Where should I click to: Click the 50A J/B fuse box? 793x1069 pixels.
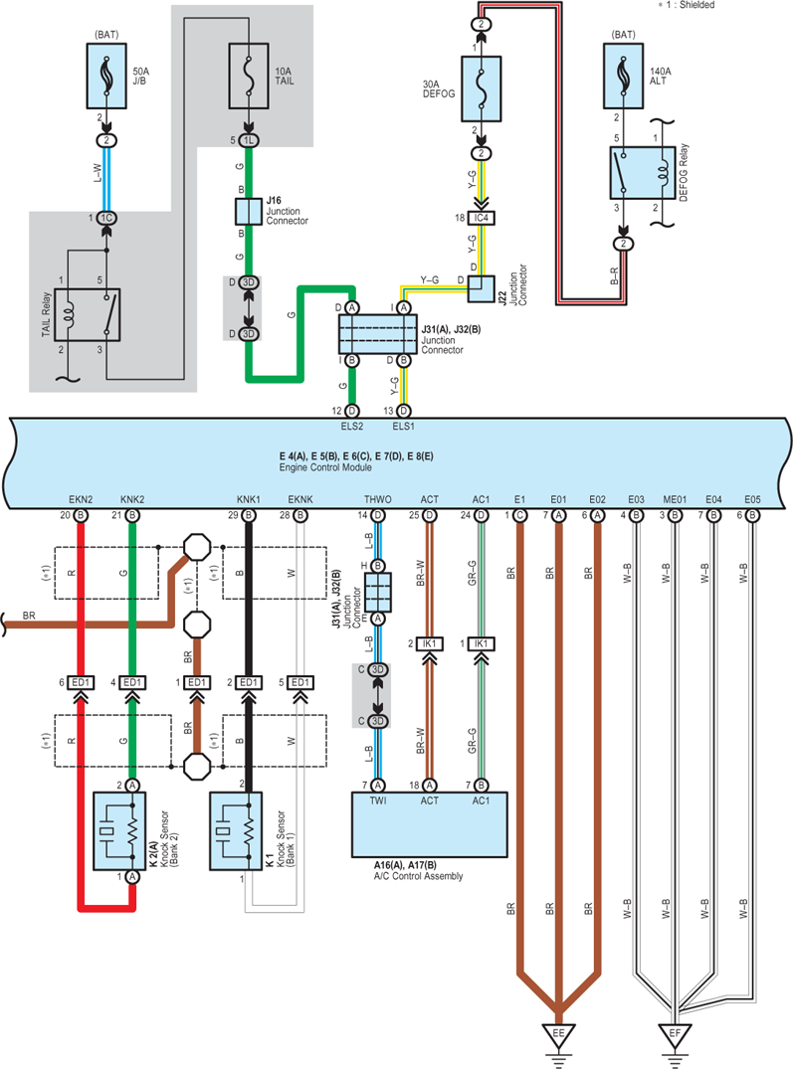[106, 76]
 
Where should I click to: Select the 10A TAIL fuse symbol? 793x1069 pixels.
[248, 76]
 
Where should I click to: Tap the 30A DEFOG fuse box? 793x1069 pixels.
[482, 89]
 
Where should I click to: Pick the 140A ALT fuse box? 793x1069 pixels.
[623, 76]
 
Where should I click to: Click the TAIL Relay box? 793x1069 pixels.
[87, 314]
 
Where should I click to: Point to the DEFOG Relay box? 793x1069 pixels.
[643, 172]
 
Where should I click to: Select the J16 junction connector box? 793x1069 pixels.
[248, 212]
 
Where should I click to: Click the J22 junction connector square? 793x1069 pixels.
[482, 289]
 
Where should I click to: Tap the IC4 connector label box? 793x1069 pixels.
[482, 218]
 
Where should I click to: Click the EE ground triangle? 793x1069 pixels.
[558, 1033]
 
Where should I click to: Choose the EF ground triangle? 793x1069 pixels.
[675, 1033]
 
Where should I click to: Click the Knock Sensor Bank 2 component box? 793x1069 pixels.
[119, 831]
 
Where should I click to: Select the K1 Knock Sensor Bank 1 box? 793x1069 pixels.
[236, 831]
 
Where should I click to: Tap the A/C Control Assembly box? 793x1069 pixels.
[430, 824]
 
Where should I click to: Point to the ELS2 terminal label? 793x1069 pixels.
[352, 426]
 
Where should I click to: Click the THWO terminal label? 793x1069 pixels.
[378, 500]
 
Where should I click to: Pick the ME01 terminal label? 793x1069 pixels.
[675, 500]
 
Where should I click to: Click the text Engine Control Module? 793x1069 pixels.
[325, 467]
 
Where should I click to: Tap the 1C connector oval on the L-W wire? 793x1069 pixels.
[106, 218]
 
